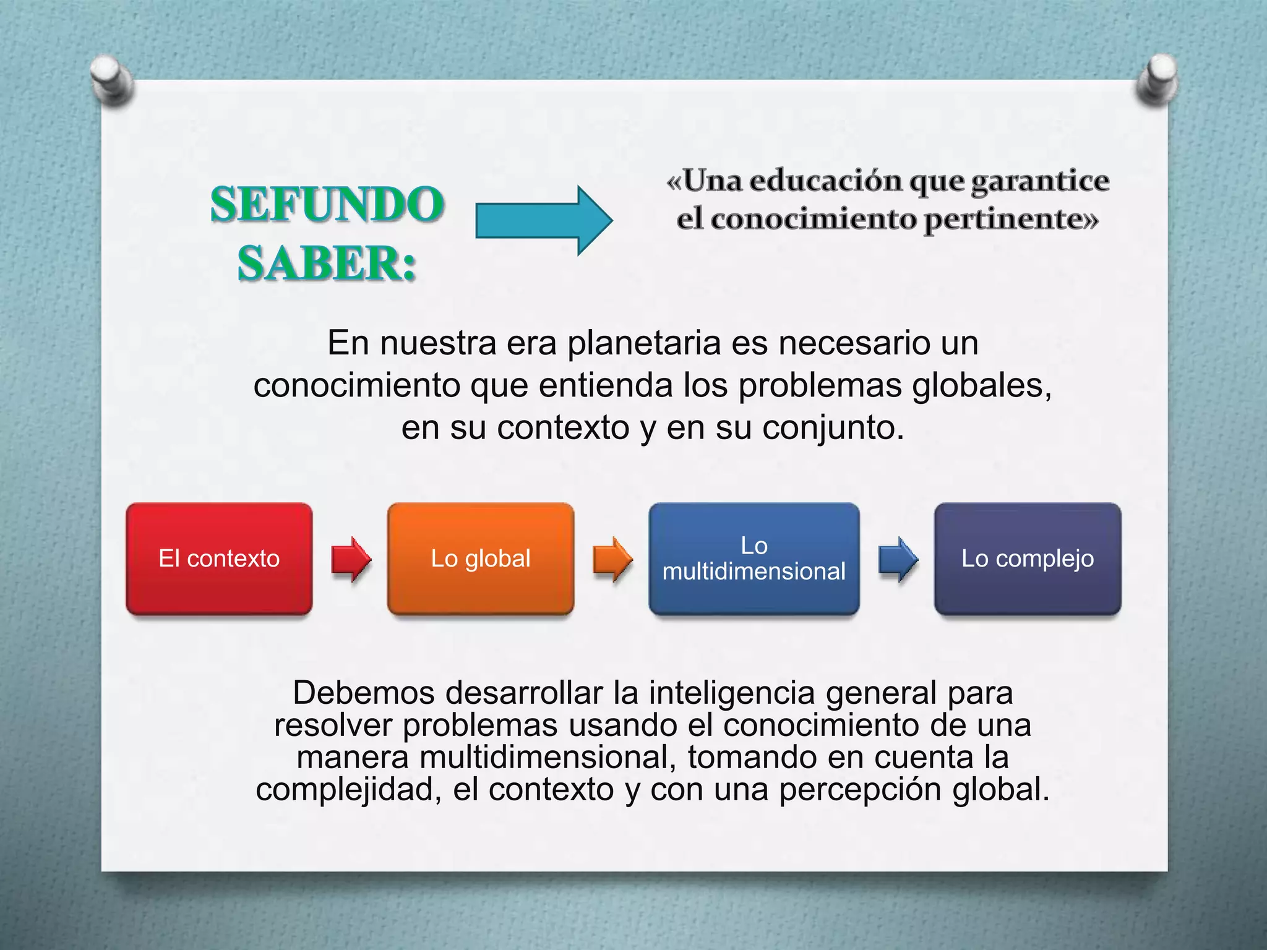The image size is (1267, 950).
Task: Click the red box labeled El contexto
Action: (219, 558)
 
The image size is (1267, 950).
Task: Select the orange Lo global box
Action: (481, 558)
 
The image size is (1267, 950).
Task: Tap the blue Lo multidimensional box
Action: (754, 558)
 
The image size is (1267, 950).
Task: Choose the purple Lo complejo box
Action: (1028, 558)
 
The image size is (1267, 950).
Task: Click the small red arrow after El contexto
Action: (351, 559)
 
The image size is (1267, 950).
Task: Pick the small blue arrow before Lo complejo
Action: (898, 559)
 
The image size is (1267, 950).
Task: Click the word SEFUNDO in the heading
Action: (327, 204)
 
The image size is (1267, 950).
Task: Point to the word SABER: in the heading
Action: (327, 263)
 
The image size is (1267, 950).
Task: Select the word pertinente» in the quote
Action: (1011, 219)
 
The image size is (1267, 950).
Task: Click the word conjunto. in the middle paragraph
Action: (833, 427)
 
